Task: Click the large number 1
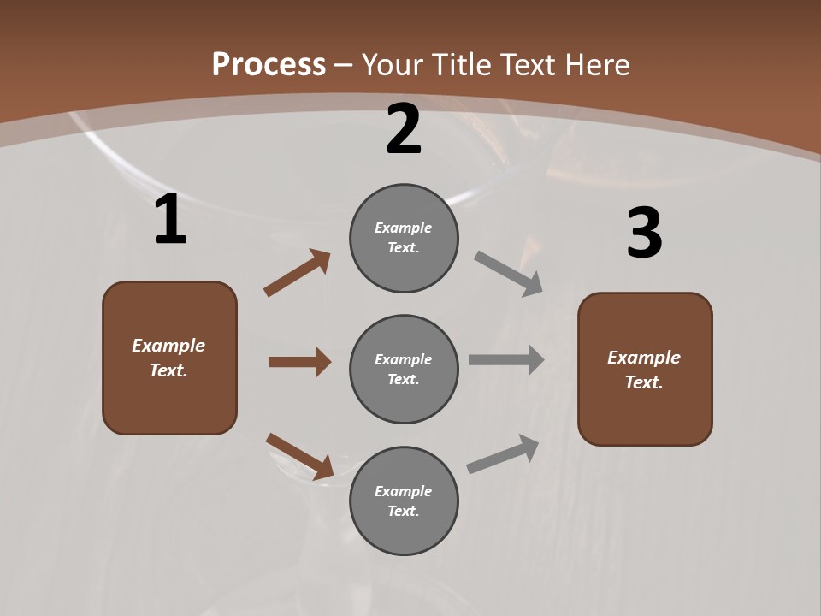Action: coord(170,220)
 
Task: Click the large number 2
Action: coord(404,129)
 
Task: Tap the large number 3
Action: coord(644,234)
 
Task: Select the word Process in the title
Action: coord(269,64)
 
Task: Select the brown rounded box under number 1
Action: coord(169,358)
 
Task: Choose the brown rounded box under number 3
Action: coord(645,370)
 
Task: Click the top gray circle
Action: coord(404,238)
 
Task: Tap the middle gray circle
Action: coord(404,370)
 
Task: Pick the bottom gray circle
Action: coord(404,501)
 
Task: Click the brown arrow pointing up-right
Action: coord(298,273)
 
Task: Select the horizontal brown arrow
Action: coord(299,362)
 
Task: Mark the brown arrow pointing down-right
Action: coord(300,455)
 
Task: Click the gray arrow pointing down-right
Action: coord(509,274)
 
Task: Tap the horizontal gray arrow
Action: coord(506,359)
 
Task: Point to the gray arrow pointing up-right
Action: coord(503,453)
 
